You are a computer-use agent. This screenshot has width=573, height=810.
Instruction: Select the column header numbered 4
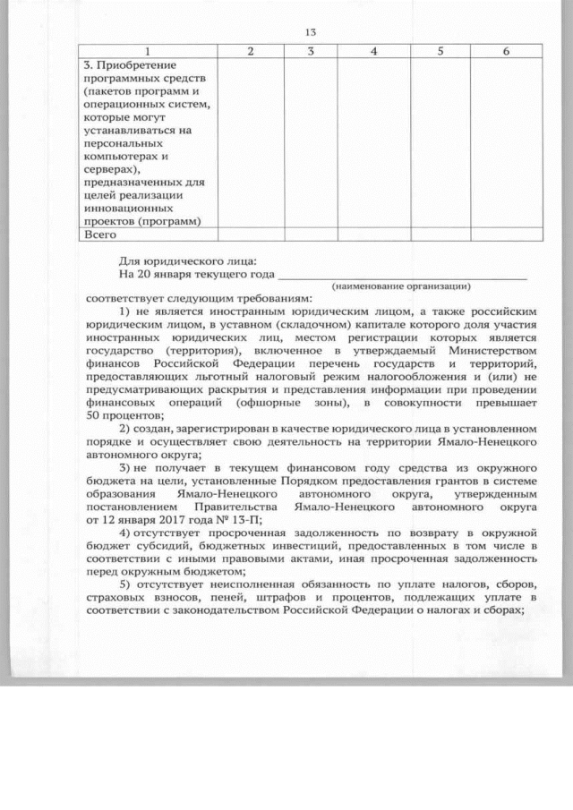373,52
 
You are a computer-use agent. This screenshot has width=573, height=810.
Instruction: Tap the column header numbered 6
506,52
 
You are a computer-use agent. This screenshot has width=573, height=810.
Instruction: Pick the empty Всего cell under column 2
251,234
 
